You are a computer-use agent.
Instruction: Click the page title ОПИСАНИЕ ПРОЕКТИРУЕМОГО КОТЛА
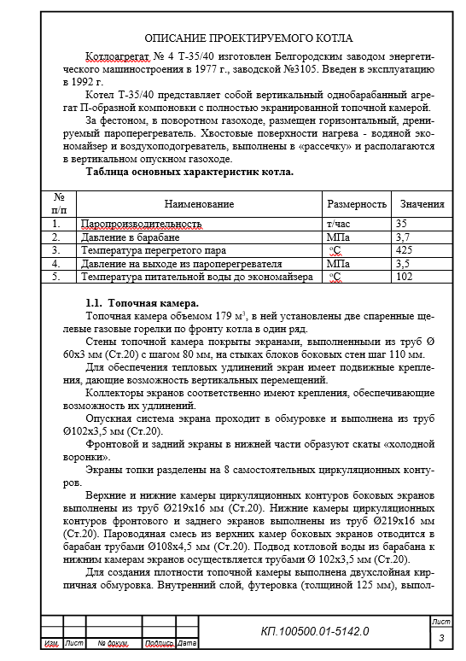(x=248, y=38)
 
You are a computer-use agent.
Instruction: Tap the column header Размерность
(x=356, y=205)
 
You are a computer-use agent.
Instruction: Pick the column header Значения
(x=421, y=205)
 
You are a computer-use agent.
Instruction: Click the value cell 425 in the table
(x=405, y=250)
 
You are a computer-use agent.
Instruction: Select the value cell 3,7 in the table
(x=404, y=237)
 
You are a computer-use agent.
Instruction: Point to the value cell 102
(x=405, y=278)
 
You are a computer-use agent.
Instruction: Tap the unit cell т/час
(x=339, y=224)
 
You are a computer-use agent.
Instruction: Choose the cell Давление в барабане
(x=124, y=237)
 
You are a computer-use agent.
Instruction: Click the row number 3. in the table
(x=56, y=250)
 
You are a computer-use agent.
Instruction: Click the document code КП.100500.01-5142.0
(x=315, y=631)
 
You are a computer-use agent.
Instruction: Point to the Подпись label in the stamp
(x=160, y=642)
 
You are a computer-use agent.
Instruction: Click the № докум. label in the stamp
(x=113, y=642)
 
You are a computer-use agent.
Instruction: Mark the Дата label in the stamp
(x=187, y=642)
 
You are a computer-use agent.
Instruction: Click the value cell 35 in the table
(x=402, y=224)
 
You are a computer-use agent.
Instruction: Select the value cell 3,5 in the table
(x=404, y=264)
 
